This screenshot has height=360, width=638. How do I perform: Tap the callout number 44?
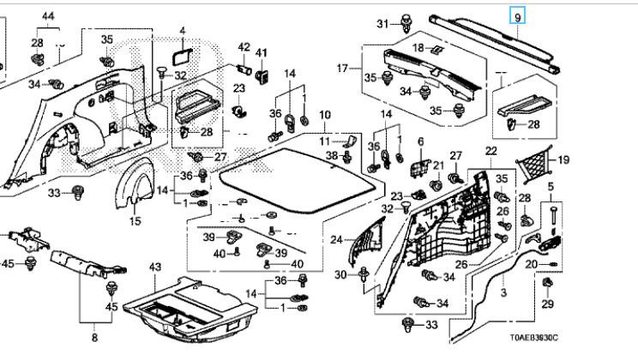[x=47, y=17]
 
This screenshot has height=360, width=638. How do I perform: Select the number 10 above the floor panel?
[x=324, y=115]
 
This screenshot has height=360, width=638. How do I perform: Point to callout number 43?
[x=155, y=269]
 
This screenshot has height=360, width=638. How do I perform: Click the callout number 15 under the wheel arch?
[x=135, y=222]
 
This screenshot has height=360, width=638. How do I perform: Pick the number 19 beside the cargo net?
[x=563, y=159]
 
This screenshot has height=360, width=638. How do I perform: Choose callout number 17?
[x=342, y=68]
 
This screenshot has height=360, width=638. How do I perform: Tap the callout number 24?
[x=337, y=239]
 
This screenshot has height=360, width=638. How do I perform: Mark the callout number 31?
[x=382, y=23]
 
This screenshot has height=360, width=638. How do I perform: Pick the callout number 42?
[x=244, y=46]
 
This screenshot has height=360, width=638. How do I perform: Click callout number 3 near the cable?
[x=504, y=293]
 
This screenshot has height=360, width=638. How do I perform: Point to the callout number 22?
[x=491, y=152]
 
